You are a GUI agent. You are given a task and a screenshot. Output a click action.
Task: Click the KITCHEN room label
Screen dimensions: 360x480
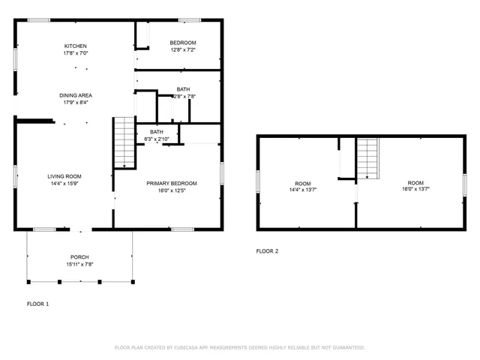76,45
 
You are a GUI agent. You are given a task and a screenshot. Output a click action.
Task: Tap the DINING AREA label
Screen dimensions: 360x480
76,94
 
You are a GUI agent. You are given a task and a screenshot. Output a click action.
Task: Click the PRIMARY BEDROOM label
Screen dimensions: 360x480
172,183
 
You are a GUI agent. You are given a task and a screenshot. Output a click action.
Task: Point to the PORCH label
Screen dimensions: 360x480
79,256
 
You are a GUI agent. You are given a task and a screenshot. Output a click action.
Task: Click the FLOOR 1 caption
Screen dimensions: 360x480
37,304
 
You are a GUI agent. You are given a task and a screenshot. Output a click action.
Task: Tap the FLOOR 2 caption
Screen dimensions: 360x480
267,251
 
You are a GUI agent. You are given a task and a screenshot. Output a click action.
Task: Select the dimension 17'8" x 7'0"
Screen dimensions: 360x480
76,53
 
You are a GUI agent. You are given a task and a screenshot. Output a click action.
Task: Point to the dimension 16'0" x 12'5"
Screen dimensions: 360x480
172,190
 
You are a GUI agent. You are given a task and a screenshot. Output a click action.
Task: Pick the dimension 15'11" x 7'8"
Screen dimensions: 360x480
79,264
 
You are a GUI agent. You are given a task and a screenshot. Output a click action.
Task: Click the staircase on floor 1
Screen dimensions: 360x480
123,142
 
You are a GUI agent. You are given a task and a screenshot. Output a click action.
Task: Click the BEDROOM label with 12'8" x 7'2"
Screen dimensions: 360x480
183,43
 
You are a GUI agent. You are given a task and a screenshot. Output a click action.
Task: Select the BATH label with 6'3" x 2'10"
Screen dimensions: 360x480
157,132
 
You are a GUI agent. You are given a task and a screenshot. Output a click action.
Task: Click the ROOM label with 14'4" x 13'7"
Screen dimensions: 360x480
302,183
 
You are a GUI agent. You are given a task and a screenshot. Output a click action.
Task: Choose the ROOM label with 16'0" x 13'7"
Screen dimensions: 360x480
415,182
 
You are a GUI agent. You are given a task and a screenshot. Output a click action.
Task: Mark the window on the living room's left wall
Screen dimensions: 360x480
16,175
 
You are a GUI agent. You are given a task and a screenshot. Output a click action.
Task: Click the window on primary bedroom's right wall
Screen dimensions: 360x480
221,172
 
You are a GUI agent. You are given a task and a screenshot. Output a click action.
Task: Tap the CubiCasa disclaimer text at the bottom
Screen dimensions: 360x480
239,348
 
